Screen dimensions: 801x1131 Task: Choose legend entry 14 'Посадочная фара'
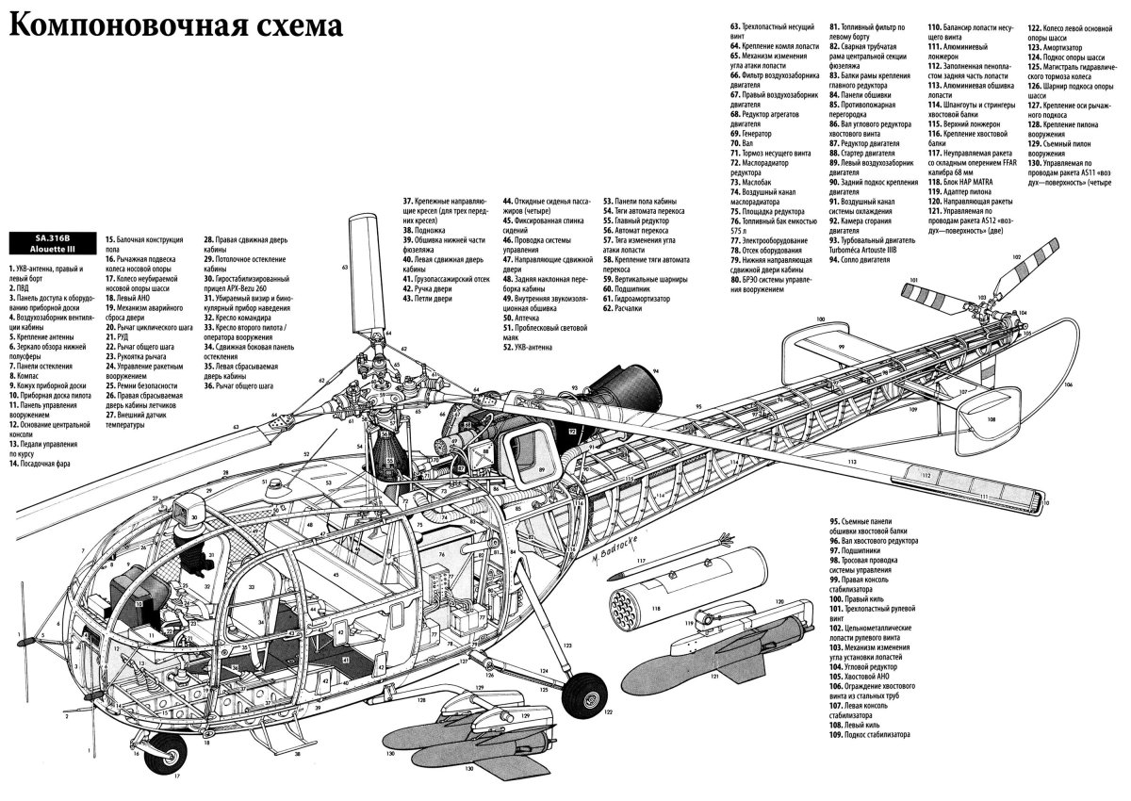(x=41, y=465)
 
